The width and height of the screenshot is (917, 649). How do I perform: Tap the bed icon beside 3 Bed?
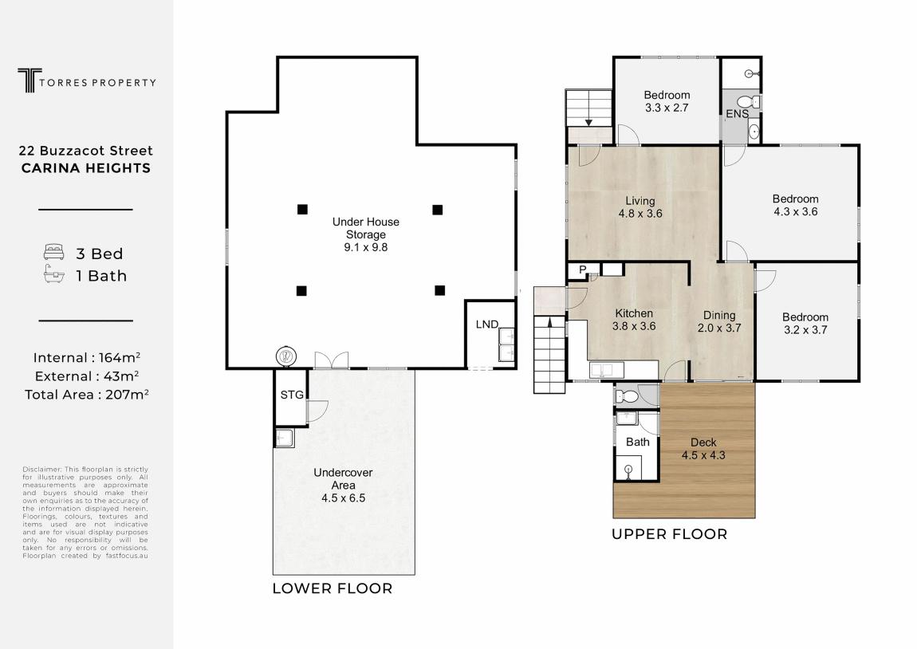53,253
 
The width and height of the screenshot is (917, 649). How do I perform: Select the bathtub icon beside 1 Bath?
53,274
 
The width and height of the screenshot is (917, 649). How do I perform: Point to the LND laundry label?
486,324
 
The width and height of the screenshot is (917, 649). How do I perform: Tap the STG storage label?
292,395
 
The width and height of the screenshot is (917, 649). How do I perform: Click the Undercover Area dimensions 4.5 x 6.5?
344,498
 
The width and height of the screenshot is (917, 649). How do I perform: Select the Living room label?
640,207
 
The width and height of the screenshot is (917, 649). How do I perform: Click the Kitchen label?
634,313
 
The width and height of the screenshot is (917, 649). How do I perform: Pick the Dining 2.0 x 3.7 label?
719,321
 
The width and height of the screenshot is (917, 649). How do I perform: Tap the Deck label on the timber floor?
703,442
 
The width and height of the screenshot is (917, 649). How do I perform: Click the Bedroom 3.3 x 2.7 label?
667,101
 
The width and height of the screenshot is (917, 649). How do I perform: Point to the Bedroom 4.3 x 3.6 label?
795,205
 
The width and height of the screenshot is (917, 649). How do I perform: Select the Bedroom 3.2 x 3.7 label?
805,324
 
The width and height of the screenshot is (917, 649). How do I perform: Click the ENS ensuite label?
737,114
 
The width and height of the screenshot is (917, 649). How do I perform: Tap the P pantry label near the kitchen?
582,270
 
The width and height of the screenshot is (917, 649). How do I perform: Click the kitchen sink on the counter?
602,369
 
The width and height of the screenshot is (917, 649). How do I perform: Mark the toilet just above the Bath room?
628,397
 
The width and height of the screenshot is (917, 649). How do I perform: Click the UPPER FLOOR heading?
670,534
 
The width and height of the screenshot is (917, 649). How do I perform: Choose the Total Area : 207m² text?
87,395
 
